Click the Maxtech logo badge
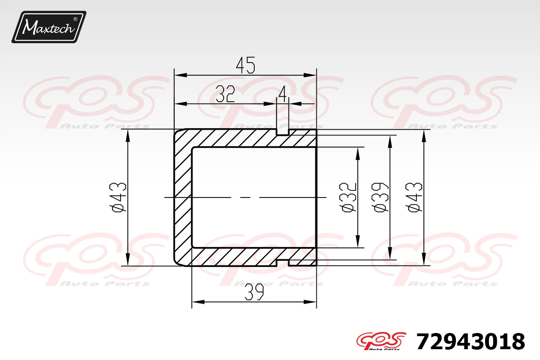point(49,27)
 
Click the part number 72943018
point(471,341)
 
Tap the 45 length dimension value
point(245,65)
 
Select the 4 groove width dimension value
point(283,94)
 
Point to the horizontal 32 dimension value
point(225,94)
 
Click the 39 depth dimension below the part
point(254,292)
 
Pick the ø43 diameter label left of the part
point(117,198)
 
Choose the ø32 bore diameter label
point(347,198)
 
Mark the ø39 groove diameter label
point(380,198)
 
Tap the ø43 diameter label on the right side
point(414,198)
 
